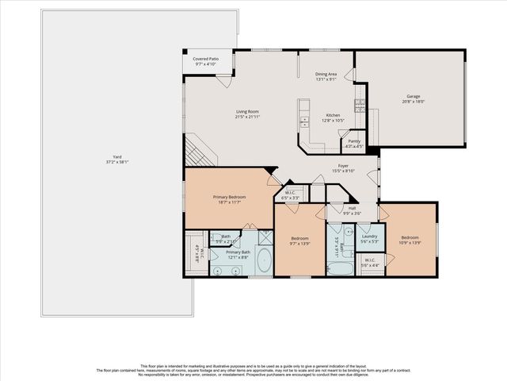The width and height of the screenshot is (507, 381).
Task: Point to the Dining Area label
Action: click(x=326, y=74)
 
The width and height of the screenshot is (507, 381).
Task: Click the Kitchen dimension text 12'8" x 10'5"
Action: click(x=333, y=120)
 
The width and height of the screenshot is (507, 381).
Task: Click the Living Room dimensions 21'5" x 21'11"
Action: click(x=249, y=117)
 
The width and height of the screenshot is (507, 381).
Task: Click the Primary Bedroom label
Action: click(x=229, y=198)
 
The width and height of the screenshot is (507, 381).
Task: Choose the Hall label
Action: click(x=350, y=210)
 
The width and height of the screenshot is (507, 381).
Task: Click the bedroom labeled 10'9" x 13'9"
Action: click(x=410, y=240)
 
